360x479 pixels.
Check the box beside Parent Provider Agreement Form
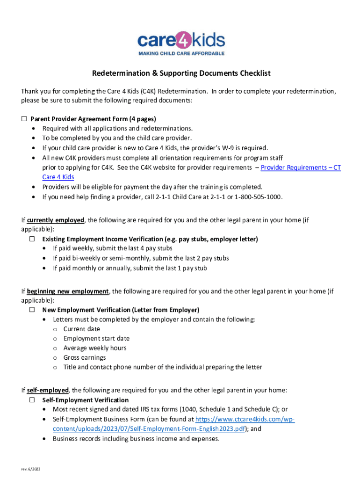(x=24, y=119)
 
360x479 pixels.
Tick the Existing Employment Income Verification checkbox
(x=32, y=239)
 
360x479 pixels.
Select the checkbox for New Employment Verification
(x=32, y=310)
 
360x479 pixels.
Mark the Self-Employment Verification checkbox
(x=32, y=400)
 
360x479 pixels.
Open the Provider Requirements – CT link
(x=301, y=167)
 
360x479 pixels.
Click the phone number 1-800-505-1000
(x=259, y=196)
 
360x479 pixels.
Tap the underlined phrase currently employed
(x=56, y=220)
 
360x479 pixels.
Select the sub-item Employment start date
(x=96, y=338)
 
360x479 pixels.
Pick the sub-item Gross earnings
(x=84, y=357)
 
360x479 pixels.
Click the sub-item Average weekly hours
(x=95, y=348)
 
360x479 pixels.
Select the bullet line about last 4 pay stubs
(x=112, y=248)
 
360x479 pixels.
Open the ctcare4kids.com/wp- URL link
(x=245, y=419)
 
